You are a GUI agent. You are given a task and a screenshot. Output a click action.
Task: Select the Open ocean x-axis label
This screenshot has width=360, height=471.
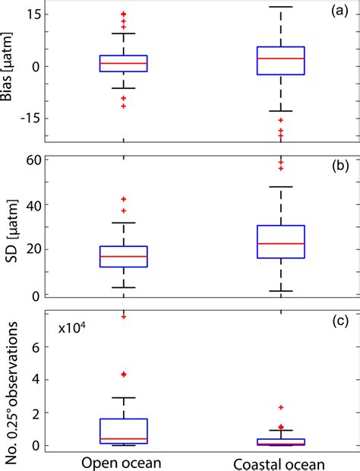[x=124, y=463]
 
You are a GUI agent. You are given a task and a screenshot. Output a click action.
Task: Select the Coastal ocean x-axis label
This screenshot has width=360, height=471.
[x=280, y=463]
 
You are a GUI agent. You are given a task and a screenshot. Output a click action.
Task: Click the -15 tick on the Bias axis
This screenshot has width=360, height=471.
[x=30, y=118]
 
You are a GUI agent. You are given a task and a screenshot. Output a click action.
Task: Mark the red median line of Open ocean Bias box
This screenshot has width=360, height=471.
[x=124, y=63]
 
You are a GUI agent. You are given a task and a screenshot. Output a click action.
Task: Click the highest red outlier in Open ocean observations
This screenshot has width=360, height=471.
[x=124, y=316]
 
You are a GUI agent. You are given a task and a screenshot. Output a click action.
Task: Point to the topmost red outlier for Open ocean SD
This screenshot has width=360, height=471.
[x=124, y=199]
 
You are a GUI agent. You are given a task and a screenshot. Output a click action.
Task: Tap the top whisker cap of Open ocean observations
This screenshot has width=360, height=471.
[x=124, y=397]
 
